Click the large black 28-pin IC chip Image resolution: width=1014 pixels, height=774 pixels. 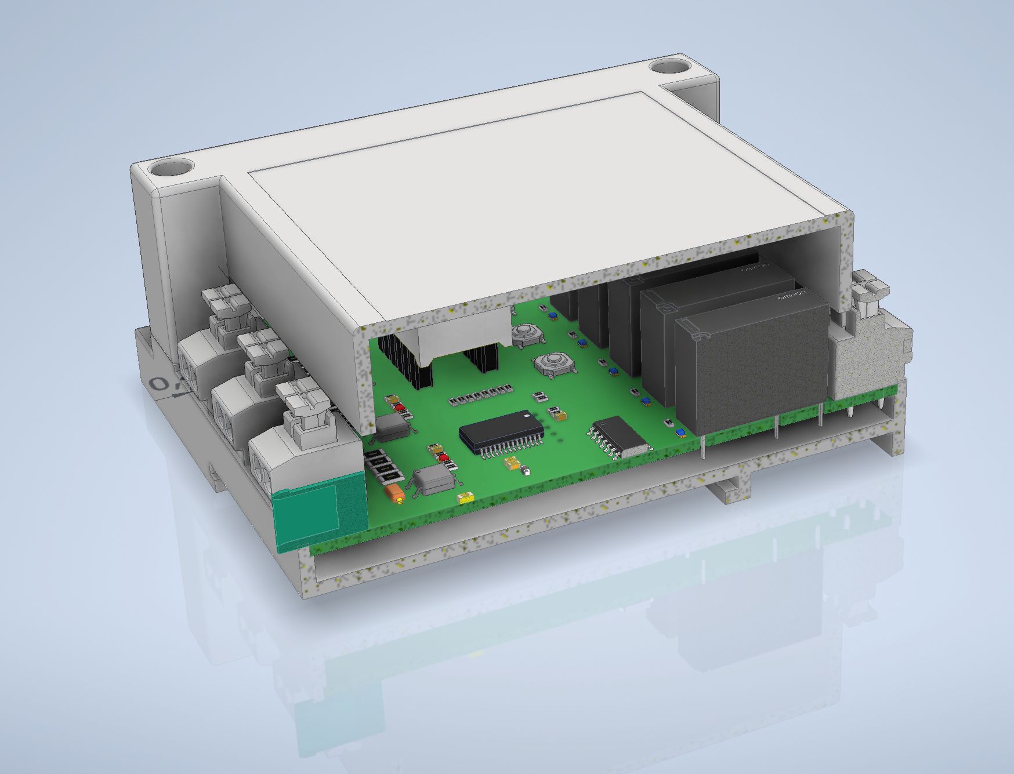pos(501,431)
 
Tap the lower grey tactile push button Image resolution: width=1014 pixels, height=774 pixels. pos(552,364)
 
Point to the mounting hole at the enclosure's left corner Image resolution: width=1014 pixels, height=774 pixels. pos(171,169)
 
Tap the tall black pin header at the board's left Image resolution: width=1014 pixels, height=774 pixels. pos(406,362)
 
